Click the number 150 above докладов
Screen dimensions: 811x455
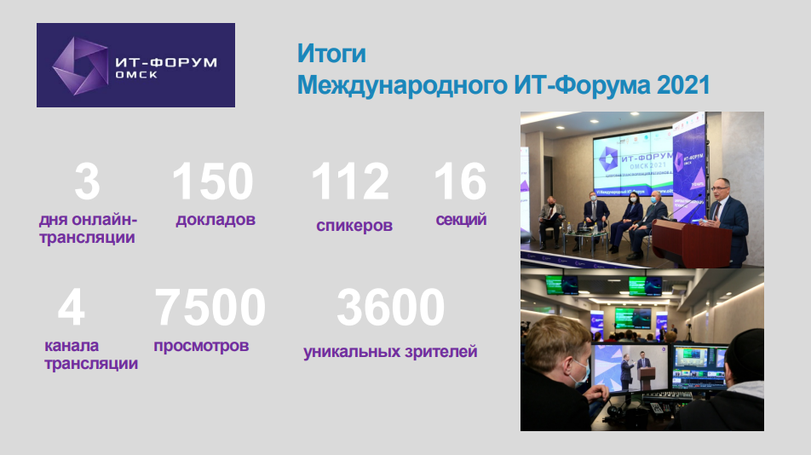coord(213,181)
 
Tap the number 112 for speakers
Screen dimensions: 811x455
coord(350,181)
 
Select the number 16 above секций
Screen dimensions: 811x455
coord(460,181)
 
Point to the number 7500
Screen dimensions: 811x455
coord(210,307)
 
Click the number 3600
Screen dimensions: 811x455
coord(390,307)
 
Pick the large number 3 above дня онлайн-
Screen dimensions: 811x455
coord(87,181)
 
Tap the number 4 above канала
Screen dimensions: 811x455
coord(72,307)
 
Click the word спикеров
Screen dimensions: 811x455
coord(354,226)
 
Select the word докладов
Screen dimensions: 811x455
coord(216,219)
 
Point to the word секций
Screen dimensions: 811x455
coord(461,220)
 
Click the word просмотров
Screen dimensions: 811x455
coord(201,345)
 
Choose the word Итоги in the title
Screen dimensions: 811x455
coord(331,54)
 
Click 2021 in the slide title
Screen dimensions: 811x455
coord(684,85)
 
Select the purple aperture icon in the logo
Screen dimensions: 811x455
coord(80,66)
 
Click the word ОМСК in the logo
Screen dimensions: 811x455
coord(136,75)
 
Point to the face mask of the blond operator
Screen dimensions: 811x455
coord(580,373)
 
